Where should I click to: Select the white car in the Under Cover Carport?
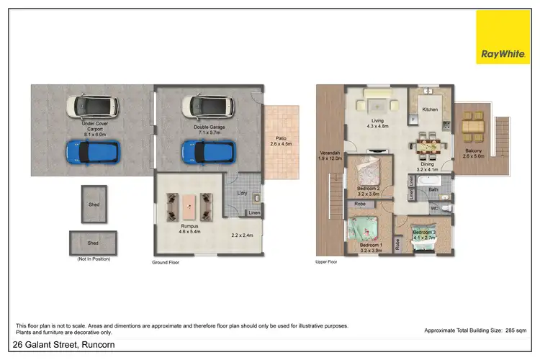point(94,107)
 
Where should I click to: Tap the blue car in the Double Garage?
point(210,151)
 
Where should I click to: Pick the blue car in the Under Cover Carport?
point(94,151)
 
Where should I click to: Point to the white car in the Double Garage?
point(210,107)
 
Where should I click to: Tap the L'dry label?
point(243,194)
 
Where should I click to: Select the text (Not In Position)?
point(94,257)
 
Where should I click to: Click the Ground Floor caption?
point(165,263)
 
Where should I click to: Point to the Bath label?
point(433,190)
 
